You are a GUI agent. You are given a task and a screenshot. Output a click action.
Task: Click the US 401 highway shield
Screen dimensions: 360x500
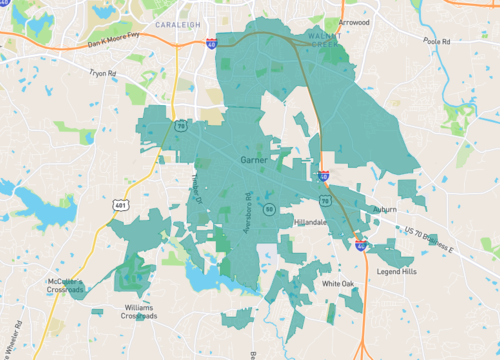[x=119, y=206]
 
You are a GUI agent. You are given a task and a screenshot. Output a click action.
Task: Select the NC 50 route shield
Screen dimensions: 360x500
[x=270, y=209]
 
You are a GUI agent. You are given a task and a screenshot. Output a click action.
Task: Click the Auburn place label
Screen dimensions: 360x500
[x=385, y=209]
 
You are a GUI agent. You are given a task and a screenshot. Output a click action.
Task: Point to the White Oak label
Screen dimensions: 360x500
[x=338, y=284]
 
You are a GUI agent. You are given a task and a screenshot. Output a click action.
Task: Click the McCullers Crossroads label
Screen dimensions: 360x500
[x=66, y=287]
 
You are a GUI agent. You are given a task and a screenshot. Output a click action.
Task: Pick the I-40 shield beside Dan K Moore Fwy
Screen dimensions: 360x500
[x=212, y=44]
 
